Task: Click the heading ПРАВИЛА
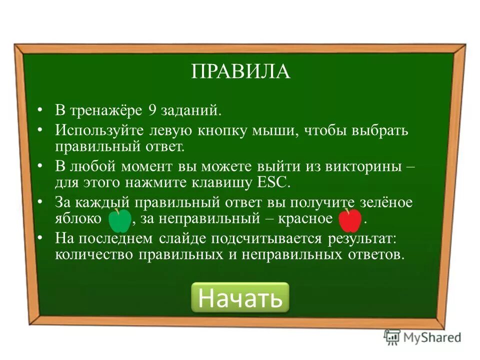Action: pos(240,71)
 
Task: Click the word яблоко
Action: pos(79,219)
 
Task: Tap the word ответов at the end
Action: pos(374,254)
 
